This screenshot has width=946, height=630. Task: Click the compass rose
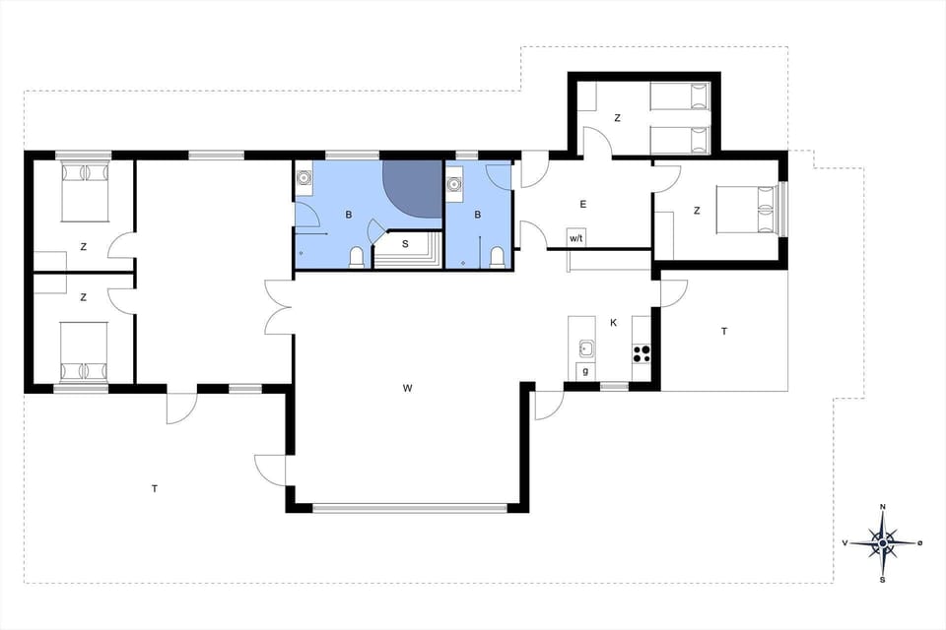(x=883, y=542)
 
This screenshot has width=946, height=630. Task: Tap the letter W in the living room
(x=407, y=389)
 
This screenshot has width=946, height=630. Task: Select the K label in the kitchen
(x=613, y=323)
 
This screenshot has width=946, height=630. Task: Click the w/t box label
(x=575, y=237)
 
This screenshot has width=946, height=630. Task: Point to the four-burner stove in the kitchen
(x=642, y=350)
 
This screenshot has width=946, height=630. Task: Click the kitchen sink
(x=586, y=347)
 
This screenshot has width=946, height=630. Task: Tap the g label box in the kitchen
(x=586, y=371)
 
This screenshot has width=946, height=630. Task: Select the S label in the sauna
(x=404, y=243)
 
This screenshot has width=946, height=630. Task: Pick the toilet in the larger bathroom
(x=358, y=257)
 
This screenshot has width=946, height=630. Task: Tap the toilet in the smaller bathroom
(x=498, y=258)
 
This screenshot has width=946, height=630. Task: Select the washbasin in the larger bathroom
(x=304, y=178)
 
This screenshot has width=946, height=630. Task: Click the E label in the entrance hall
(x=583, y=205)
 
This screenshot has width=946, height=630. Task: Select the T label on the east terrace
(x=724, y=332)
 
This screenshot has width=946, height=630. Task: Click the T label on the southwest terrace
(x=155, y=488)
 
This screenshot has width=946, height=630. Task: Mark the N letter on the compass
(x=883, y=507)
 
